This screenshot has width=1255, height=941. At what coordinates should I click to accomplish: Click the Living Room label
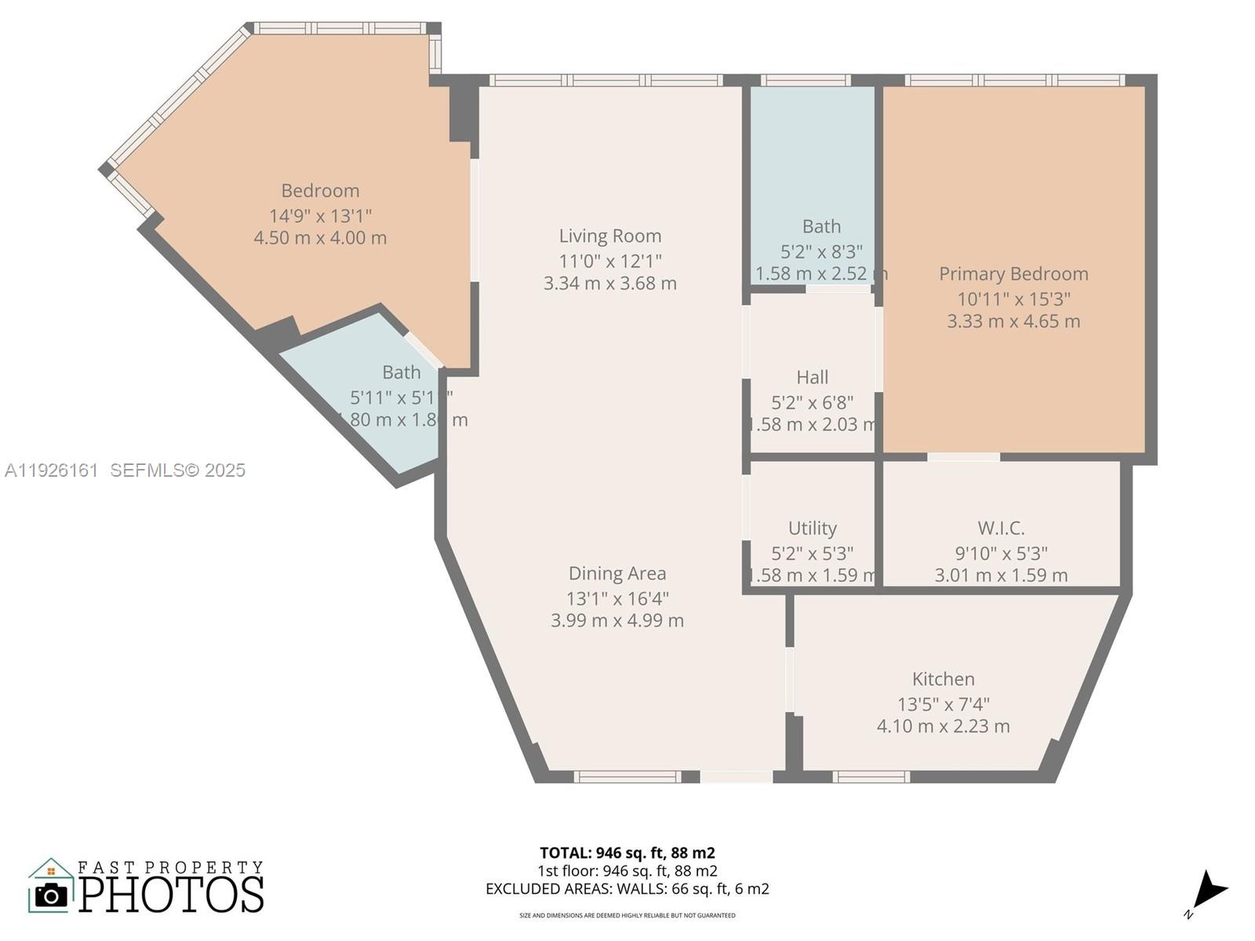coord(610,236)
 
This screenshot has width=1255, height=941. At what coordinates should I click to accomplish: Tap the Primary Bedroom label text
coord(1013,274)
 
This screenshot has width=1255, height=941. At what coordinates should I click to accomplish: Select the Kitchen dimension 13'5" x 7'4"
coord(943,704)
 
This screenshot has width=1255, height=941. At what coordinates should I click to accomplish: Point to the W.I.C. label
coord(1001,528)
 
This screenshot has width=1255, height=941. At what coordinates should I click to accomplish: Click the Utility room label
coord(812,528)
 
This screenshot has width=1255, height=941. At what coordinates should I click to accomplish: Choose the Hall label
coord(812,377)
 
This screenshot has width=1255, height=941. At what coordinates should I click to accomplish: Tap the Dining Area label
coord(617,574)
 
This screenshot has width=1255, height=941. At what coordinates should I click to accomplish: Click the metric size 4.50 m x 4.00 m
coord(320,238)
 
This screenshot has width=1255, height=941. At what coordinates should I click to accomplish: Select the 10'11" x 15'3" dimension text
coord(1013,299)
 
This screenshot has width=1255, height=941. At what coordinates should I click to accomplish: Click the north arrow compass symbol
coord(1209,892)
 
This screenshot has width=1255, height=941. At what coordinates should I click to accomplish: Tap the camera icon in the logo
coord(52,895)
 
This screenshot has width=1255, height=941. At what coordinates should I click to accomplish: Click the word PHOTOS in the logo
coord(171,895)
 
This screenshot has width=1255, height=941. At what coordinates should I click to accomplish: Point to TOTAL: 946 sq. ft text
coord(627,852)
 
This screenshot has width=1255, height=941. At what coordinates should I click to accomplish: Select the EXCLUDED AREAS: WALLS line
coord(627,888)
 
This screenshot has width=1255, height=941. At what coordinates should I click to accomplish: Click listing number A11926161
coord(52,470)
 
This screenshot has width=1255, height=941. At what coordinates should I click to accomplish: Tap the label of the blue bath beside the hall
coord(821,227)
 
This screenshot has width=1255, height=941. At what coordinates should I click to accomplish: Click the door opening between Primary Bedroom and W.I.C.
coord(963,456)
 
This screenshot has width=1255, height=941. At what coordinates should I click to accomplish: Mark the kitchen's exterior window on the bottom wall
coord(871,776)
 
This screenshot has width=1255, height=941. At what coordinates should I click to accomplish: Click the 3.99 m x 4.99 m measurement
coord(617,620)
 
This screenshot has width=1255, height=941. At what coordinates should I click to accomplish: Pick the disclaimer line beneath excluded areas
coord(627,915)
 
